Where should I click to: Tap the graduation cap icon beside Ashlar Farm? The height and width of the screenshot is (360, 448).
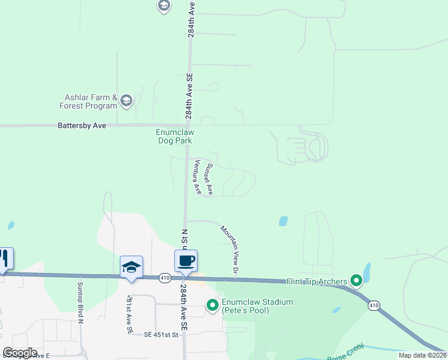[126, 101]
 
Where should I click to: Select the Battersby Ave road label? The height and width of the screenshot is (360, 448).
[81, 126]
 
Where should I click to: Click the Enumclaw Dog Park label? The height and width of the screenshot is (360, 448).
[175, 136]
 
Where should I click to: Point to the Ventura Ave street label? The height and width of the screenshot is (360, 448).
[196, 176]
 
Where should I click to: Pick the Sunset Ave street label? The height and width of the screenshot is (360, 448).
[209, 179]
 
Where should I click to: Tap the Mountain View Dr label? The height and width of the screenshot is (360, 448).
[230, 251]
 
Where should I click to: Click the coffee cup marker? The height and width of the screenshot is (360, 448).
[186, 261]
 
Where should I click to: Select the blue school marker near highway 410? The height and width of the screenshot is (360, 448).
[132, 267]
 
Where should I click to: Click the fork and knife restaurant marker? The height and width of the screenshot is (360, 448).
[4, 259]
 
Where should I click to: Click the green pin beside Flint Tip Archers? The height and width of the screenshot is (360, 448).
[356, 280]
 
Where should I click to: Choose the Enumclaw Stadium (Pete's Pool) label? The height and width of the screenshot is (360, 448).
[258, 306]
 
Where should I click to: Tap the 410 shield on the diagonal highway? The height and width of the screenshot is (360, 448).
[374, 305]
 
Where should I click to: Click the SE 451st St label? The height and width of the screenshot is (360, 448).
[161, 335]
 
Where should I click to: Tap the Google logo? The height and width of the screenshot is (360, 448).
[20, 353]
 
